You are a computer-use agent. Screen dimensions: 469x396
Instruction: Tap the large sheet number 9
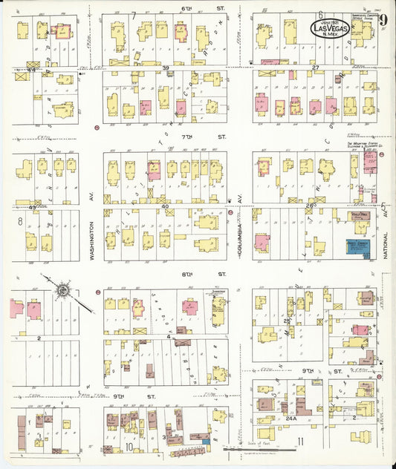pyautogui.click(x=382, y=19)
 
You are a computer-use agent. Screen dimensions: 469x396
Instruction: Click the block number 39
pyautogui.click(x=166, y=68)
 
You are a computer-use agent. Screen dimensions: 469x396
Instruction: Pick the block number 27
pyautogui.click(x=315, y=68)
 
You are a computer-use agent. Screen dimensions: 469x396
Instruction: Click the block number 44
pyautogui.click(x=32, y=70)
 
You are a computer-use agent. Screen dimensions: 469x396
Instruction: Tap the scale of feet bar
pyautogui.click(x=260, y=448)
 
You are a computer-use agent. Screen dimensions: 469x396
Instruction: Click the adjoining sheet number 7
pyautogui.click(x=134, y=14)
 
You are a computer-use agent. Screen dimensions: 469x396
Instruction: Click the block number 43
pyautogui.click(x=32, y=207)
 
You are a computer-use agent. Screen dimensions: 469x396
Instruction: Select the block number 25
pyautogui.click(x=286, y=321)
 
